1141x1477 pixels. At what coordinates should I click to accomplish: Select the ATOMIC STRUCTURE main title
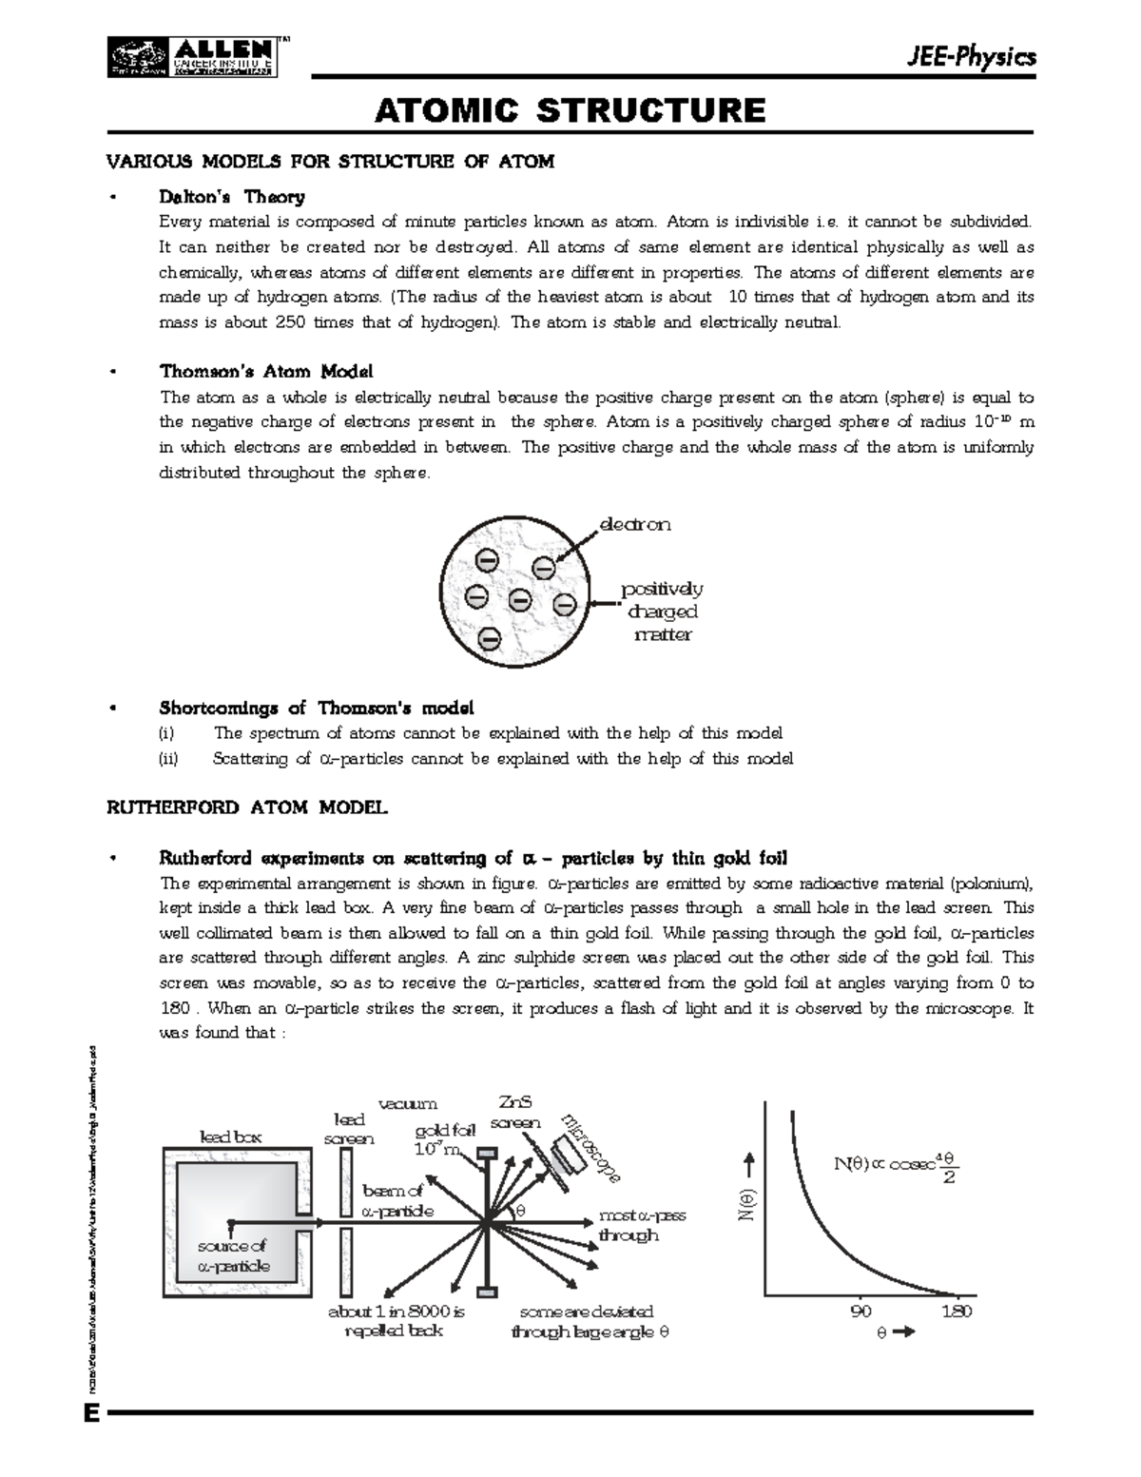[x=570, y=111]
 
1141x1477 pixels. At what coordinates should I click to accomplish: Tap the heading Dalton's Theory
[x=231, y=197]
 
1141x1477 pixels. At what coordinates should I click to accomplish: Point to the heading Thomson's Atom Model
[x=266, y=371]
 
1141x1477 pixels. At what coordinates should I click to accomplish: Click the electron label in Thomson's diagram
[x=634, y=524]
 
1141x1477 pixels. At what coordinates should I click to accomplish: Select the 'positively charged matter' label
[x=662, y=612]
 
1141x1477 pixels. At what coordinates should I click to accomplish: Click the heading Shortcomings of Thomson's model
[x=316, y=709]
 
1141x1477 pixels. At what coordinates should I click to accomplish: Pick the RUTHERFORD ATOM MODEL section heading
[x=246, y=808]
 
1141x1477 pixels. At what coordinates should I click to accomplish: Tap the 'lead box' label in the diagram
[x=230, y=1137]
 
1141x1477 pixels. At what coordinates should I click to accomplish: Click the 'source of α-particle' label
[x=233, y=1255]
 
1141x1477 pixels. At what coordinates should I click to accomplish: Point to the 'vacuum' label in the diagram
[x=408, y=1103]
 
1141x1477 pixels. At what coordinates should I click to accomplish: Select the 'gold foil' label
[x=444, y=1131]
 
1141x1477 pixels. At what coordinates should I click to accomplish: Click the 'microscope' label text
[x=591, y=1147]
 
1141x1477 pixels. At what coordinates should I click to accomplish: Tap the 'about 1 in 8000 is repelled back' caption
[x=396, y=1321]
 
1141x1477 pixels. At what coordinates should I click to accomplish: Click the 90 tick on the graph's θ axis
[x=861, y=1312]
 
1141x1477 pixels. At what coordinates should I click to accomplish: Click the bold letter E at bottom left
[x=91, y=1413]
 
